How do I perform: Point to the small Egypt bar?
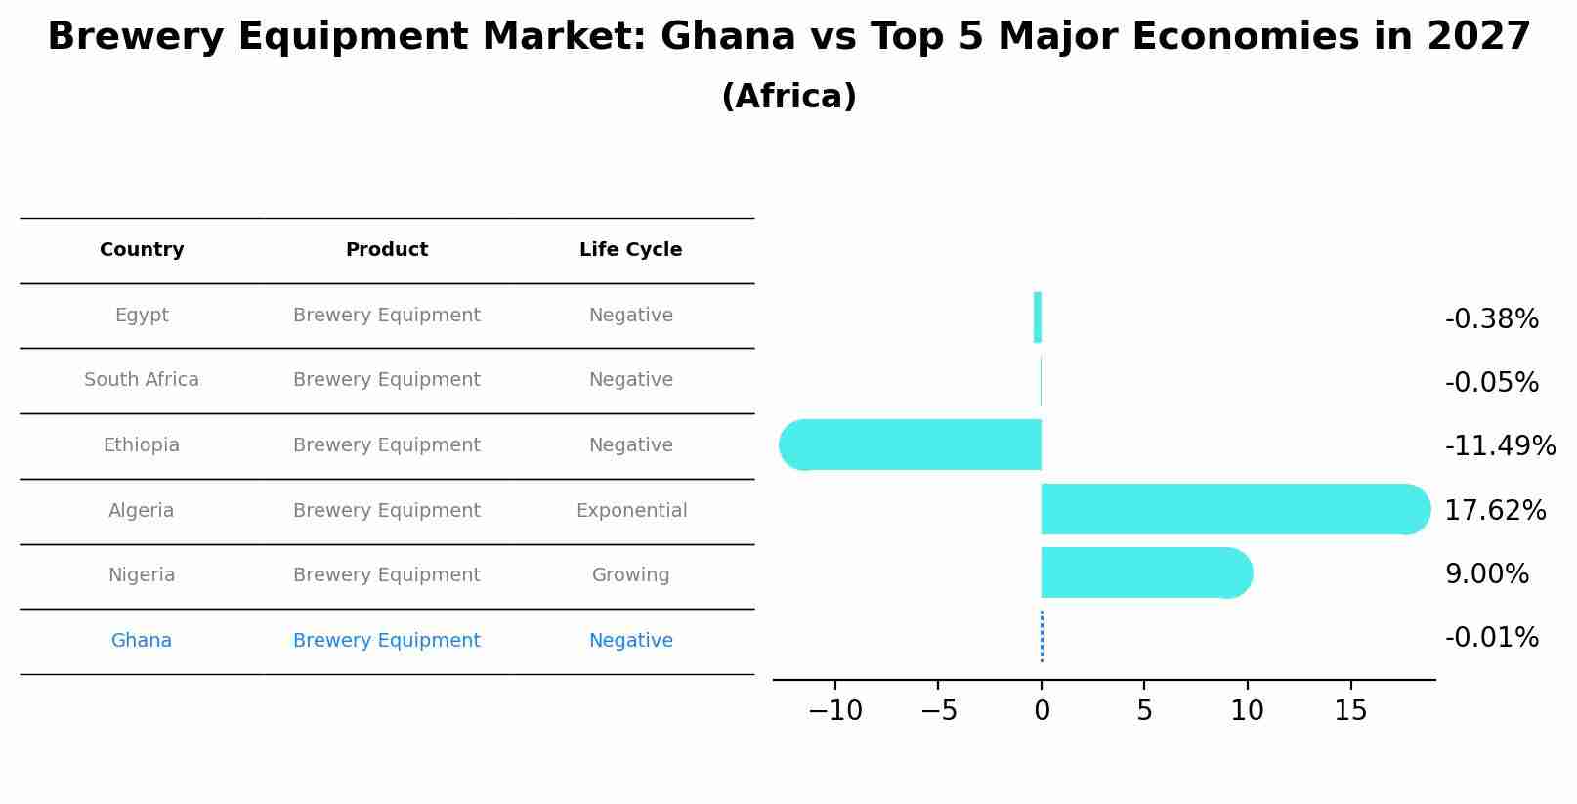1038,317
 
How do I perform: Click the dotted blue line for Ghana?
1042,637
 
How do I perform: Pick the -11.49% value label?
1500,446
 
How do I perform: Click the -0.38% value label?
1491,319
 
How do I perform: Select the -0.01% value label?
1491,638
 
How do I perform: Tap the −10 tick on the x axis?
835,711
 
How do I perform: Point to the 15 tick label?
1350,711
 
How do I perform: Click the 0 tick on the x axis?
1042,711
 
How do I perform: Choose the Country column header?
142,250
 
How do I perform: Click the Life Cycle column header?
630,250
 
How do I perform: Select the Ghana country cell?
142,641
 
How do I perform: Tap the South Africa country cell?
142,380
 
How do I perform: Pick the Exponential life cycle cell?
631,511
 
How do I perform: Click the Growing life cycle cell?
630,575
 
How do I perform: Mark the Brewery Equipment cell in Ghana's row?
386,641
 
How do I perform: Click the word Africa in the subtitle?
788,97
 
